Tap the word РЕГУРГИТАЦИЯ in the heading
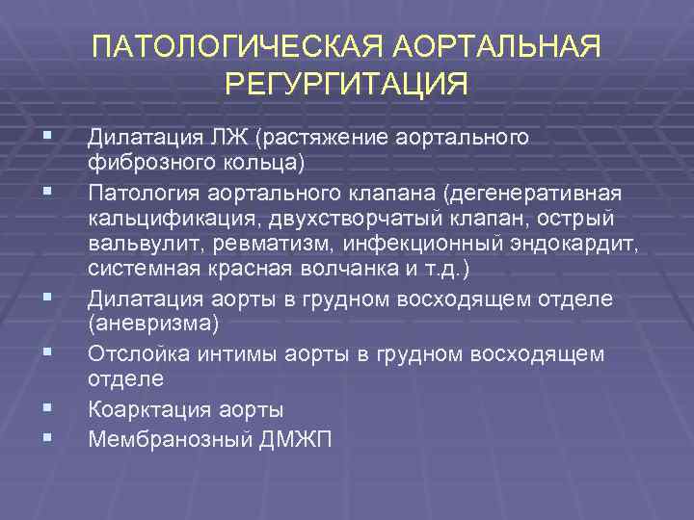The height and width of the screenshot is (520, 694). pos(347,84)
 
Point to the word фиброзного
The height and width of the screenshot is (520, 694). pos(143,159)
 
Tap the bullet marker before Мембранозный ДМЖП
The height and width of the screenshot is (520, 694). pos(47,439)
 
